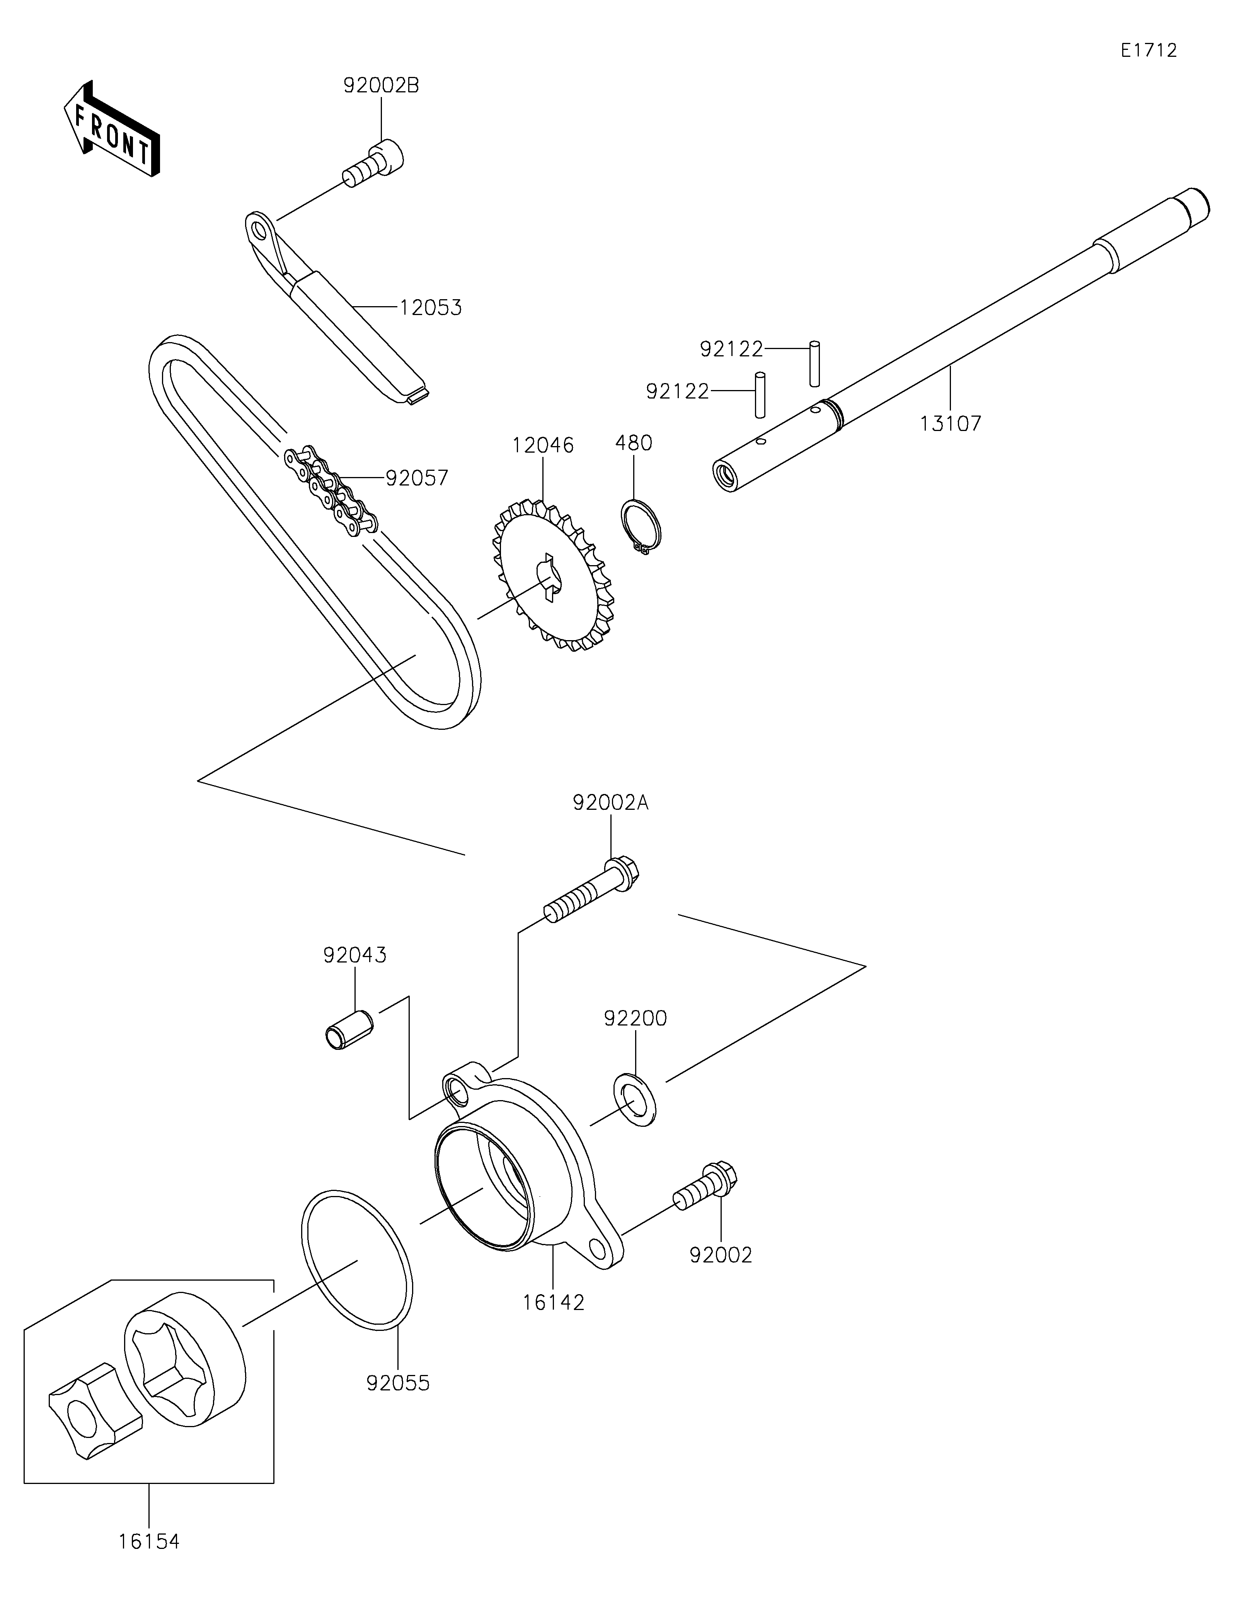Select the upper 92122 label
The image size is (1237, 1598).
click(731, 349)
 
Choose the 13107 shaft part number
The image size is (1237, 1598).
click(950, 423)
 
